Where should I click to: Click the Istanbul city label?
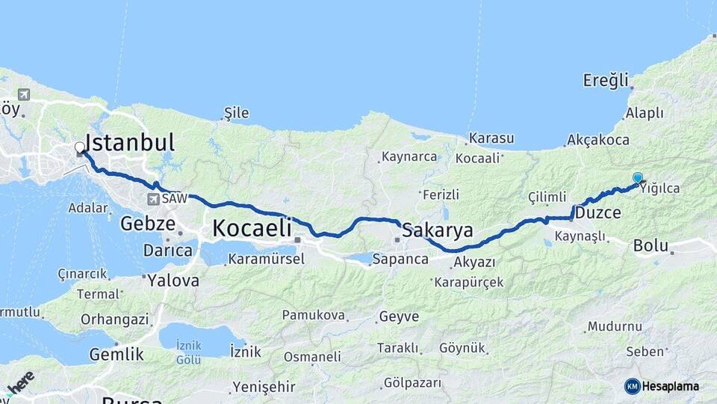pos(130,143)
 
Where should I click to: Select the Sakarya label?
pos(438,230)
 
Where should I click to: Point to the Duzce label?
pos(597,213)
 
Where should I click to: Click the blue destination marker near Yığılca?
pos(637,177)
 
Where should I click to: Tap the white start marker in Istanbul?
pos(79,147)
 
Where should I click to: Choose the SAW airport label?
pos(174,199)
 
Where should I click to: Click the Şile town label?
pos(237,114)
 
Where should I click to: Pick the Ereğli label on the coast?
pos(606,80)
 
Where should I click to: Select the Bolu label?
pos(650,245)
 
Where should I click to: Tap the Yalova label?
pos(174,281)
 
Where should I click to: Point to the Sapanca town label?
pos(401,259)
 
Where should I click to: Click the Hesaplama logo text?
pos(670,386)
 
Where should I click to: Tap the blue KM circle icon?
pos(632,386)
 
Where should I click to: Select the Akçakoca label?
pos(597,140)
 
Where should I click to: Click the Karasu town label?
pos(491,138)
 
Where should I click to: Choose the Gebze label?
pos(148,223)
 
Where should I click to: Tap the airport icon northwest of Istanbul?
pos(24,94)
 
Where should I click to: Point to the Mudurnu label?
pos(614,327)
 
